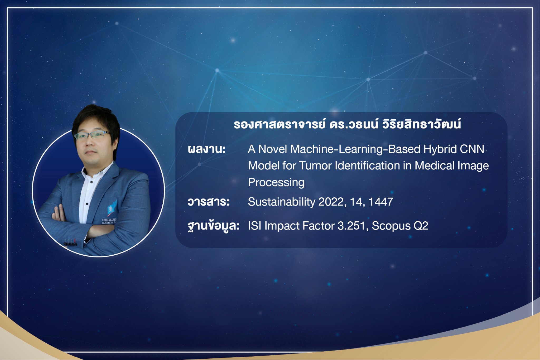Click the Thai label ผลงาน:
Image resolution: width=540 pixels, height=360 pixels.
coord(206,149)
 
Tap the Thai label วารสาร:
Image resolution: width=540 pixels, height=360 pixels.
coord(208,202)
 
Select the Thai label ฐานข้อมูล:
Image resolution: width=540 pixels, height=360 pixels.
coord(213,226)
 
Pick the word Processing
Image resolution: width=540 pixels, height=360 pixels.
coord(276,183)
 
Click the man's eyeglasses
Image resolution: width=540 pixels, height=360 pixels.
coord(93,135)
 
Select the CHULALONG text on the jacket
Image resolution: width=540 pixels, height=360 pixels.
coord(109,220)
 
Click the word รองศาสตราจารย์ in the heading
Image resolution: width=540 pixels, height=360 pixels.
coord(279,124)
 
